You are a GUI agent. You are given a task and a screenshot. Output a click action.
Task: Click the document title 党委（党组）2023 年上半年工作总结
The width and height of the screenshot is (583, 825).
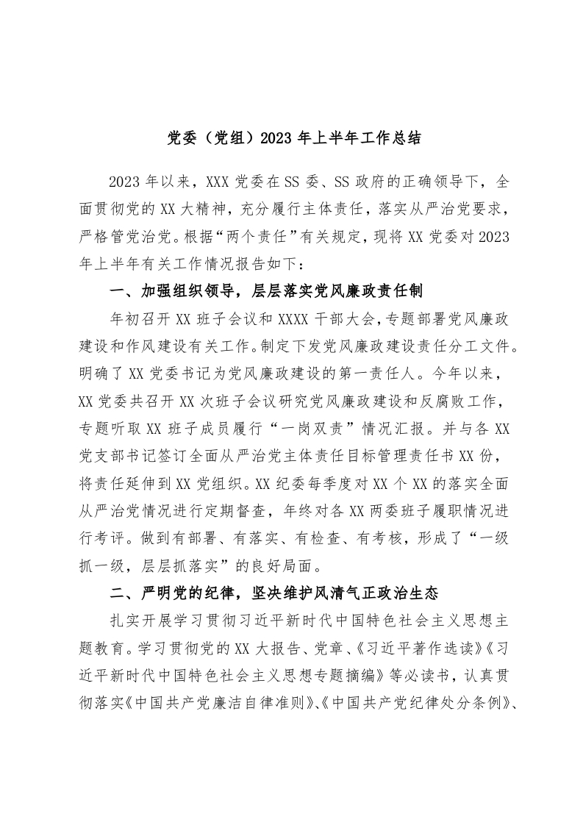click(292, 137)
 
